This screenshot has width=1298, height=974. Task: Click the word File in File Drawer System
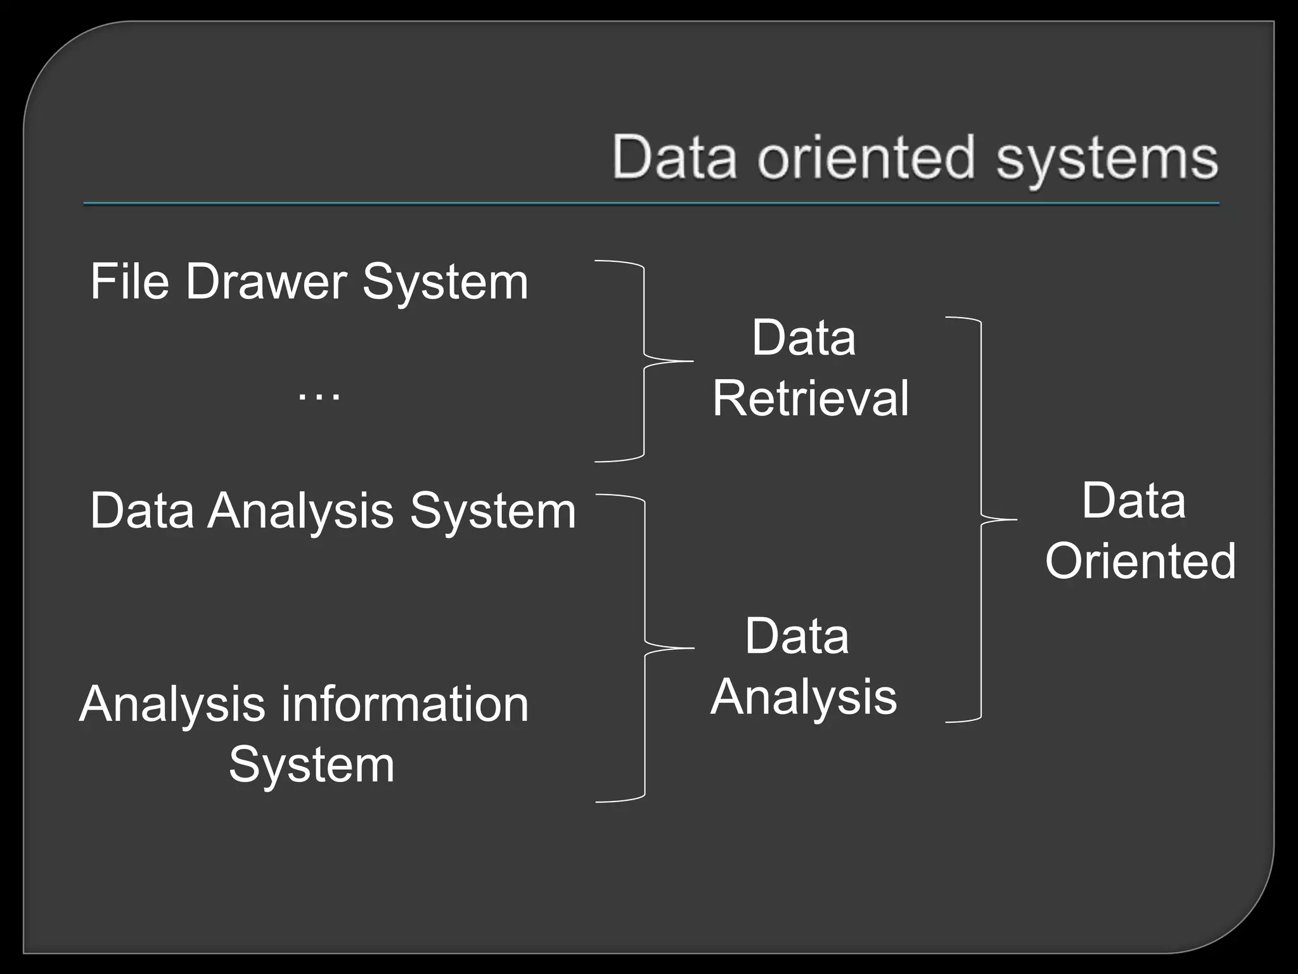(x=129, y=282)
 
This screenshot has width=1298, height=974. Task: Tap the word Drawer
(x=266, y=282)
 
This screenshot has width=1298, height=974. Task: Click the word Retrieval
(x=810, y=398)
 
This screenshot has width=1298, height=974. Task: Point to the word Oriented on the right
(x=1140, y=561)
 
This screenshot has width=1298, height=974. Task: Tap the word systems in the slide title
(x=1107, y=159)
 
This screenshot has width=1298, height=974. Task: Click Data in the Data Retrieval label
(x=803, y=337)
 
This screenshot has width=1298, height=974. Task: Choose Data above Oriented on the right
(x=1133, y=501)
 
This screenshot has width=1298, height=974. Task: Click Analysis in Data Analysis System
(x=300, y=511)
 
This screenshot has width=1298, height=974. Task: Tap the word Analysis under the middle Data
(x=804, y=696)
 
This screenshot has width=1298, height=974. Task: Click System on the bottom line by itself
(x=311, y=765)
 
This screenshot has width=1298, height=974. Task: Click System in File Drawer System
(x=445, y=282)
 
